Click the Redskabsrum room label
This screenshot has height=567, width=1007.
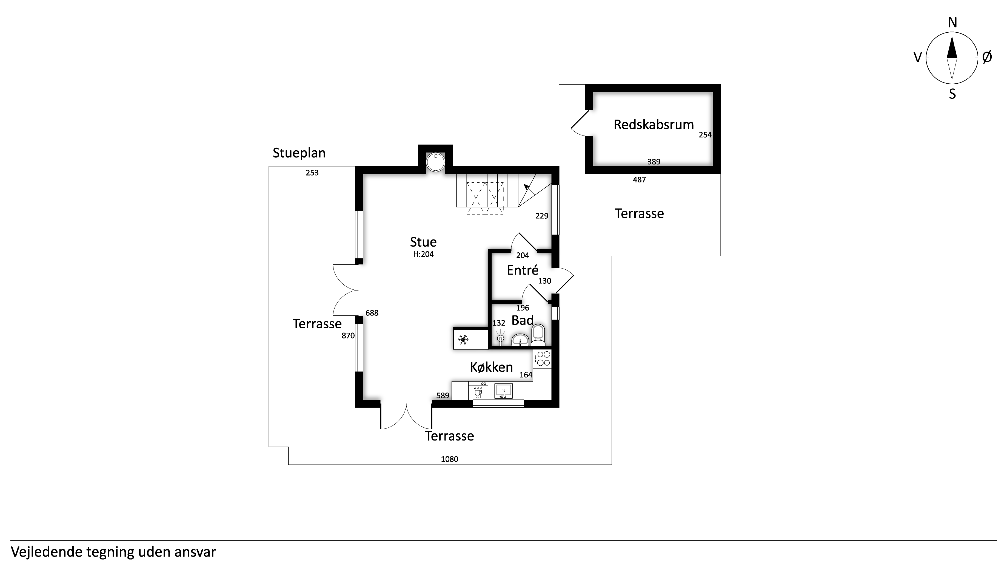click(654, 125)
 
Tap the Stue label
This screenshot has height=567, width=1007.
click(423, 242)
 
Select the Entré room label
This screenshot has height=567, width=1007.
click(523, 270)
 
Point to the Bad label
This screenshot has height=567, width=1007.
click(523, 320)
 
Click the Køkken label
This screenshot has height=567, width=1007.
click(491, 367)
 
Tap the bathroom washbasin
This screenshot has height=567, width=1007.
click(520, 340)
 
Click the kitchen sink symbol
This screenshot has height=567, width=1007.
click(504, 391)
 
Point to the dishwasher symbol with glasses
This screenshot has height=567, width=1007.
click(478, 391)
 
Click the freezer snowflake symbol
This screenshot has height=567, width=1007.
click(463, 339)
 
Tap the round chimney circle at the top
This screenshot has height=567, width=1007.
click(435, 162)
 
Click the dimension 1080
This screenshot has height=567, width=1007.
click(450, 459)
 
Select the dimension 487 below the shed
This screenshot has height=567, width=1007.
click(640, 180)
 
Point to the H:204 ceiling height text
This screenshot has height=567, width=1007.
click(424, 254)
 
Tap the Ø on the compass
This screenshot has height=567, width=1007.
click(987, 58)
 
